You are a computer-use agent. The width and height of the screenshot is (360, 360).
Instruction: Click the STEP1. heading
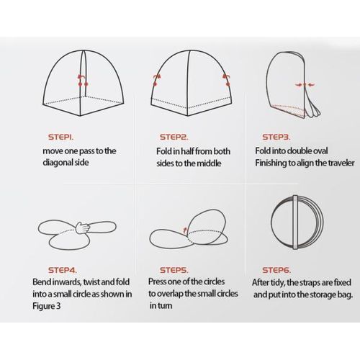61,137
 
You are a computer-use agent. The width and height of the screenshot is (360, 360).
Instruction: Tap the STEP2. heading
174,137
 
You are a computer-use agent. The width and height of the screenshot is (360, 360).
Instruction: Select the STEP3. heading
276,137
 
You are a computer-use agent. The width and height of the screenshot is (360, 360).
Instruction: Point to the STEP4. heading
63,270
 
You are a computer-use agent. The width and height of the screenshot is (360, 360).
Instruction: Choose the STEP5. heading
174,270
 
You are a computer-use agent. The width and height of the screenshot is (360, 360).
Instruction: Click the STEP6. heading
276,270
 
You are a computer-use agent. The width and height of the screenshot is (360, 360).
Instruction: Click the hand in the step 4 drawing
83,228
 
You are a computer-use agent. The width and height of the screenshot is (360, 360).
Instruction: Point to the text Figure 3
47,306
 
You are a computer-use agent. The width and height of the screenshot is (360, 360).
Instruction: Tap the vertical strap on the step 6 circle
295,222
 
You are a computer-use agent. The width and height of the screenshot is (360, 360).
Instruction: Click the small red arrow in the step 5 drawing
185,230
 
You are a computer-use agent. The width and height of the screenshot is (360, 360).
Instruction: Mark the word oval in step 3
320,151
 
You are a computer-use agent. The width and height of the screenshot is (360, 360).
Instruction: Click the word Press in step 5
158,282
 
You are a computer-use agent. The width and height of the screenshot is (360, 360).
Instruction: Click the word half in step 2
187,151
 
